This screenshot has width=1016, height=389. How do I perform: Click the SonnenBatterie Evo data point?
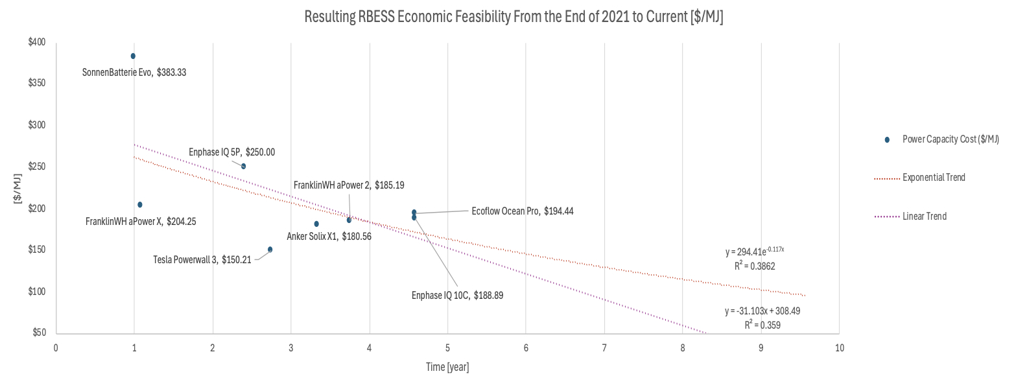[133, 56]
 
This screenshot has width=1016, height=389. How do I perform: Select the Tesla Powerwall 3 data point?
[270, 250]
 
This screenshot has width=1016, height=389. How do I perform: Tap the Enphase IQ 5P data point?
[243, 166]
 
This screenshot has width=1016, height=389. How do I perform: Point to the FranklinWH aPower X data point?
[139, 205]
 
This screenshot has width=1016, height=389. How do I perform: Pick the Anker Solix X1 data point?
[316, 224]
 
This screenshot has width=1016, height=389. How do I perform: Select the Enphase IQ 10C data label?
[457, 295]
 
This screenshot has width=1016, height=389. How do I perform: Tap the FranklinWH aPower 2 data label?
[349, 185]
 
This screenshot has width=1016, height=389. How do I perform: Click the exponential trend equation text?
[755, 252]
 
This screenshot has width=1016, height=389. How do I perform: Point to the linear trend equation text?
[762, 311]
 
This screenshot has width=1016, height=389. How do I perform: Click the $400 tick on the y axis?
[36, 42]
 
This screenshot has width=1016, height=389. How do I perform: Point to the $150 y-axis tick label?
[36, 250]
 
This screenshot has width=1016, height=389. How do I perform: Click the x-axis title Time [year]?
[447, 367]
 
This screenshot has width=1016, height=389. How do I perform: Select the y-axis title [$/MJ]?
[18, 187]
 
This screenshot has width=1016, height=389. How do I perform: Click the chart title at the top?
[514, 18]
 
